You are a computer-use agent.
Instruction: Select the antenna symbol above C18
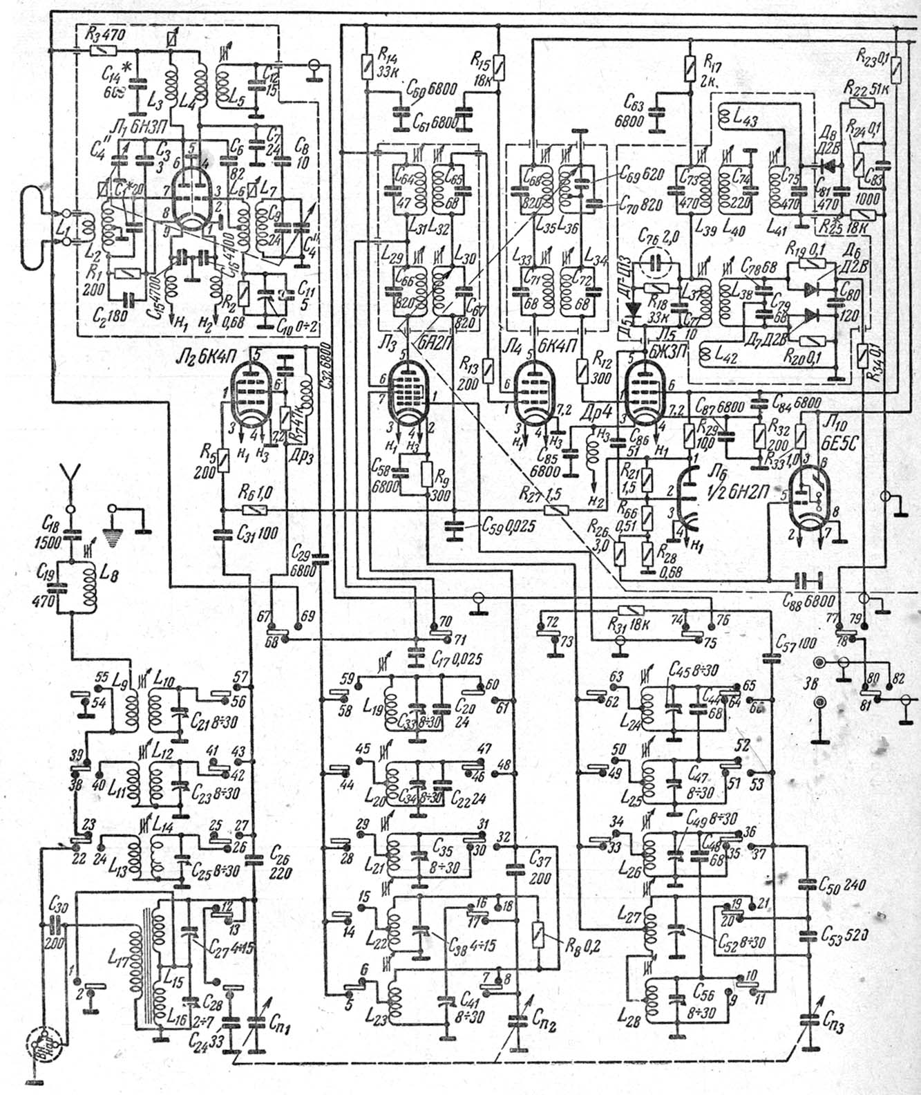click(69, 476)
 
